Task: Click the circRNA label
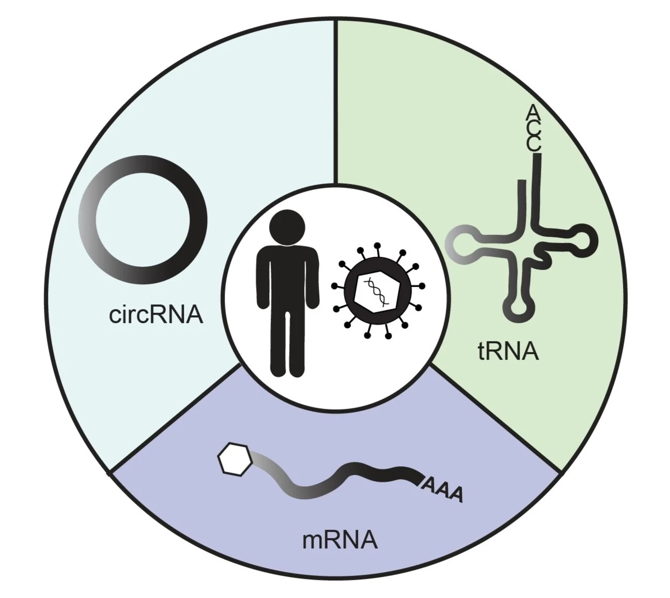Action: [x=156, y=314]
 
